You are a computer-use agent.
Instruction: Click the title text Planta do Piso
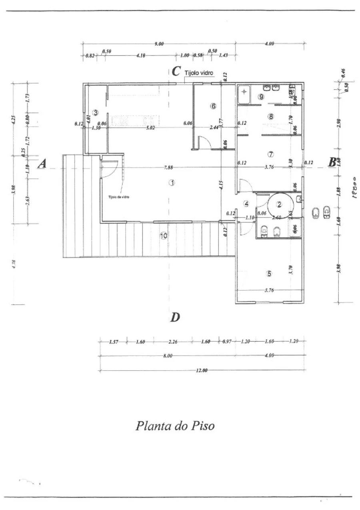pyautogui.click(x=175, y=425)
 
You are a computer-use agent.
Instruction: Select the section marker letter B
pyautogui.click(x=332, y=162)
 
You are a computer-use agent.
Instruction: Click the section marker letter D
pyautogui.click(x=175, y=317)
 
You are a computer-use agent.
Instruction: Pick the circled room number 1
pyautogui.click(x=172, y=183)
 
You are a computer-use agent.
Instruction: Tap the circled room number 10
pyautogui.click(x=163, y=236)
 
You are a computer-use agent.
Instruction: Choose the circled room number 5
pyautogui.click(x=269, y=274)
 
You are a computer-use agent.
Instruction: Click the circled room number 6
pyautogui.click(x=213, y=106)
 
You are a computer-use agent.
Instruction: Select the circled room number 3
pyautogui.click(x=95, y=112)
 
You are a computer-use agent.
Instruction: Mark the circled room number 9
pyautogui.click(x=261, y=96)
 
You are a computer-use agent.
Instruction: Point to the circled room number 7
pyautogui.click(x=271, y=154)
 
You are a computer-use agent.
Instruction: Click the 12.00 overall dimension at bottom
pyautogui.click(x=202, y=371)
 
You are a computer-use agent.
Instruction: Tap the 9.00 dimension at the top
pyautogui.click(x=159, y=44)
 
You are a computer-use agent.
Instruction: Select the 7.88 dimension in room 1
pyautogui.click(x=168, y=167)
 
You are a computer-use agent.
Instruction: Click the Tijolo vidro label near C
pyautogui.click(x=199, y=73)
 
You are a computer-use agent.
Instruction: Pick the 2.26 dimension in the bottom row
pyautogui.click(x=173, y=342)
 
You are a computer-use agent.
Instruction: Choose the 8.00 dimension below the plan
pyautogui.click(x=167, y=356)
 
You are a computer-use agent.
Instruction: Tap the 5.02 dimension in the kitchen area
pyautogui.click(x=150, y=128)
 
